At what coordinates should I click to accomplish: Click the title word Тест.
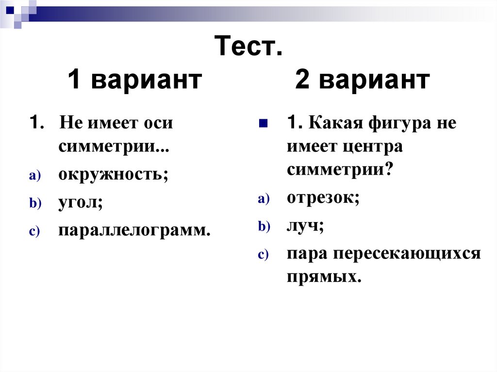(x=248, y=48)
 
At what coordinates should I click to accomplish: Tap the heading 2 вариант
(x=363, y=80)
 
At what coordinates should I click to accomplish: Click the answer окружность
(x=113, y=175)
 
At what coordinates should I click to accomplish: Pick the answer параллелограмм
(x=134, y=230)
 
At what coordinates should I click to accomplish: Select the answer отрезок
(x=322, y=198)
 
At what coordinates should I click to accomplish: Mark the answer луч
(x=304, y=226)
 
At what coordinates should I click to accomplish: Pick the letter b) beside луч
(x=264, y=227)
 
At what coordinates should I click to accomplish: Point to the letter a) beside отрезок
(x=264, y=199)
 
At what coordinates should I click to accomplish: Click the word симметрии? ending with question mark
(x=340, y=170)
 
